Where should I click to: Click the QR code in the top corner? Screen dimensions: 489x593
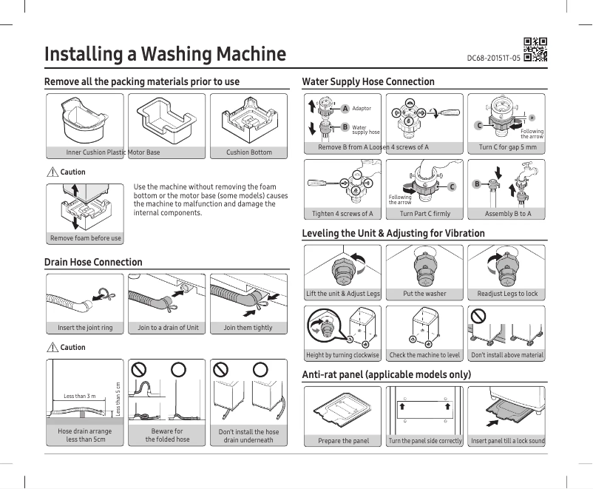click(x=535, y=48)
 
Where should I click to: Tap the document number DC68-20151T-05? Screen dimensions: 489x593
click(x=493, y=58)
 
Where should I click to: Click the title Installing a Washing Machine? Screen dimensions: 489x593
click(x=165, y=54)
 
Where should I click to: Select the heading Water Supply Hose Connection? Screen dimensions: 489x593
click(x=368, y=81)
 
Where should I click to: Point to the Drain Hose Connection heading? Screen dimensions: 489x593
click(x=93, y=262)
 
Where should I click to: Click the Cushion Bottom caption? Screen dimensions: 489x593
click(x=249, y=152)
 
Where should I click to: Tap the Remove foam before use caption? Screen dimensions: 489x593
click(x=86, y=238)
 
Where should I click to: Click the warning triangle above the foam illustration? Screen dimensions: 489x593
click(x=52, y=172)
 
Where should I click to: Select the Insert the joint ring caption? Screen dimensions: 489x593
click(x=85, y=328)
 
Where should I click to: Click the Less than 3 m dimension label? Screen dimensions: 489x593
click(x=80, y=397)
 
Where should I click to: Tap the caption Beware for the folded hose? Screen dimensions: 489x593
click(x=167, y=435)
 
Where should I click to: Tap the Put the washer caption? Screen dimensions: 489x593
click(x=424, y=294)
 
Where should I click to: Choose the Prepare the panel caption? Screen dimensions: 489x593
click(x=344, y=441)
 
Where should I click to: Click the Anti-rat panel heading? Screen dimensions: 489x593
click(x=387, y=375)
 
